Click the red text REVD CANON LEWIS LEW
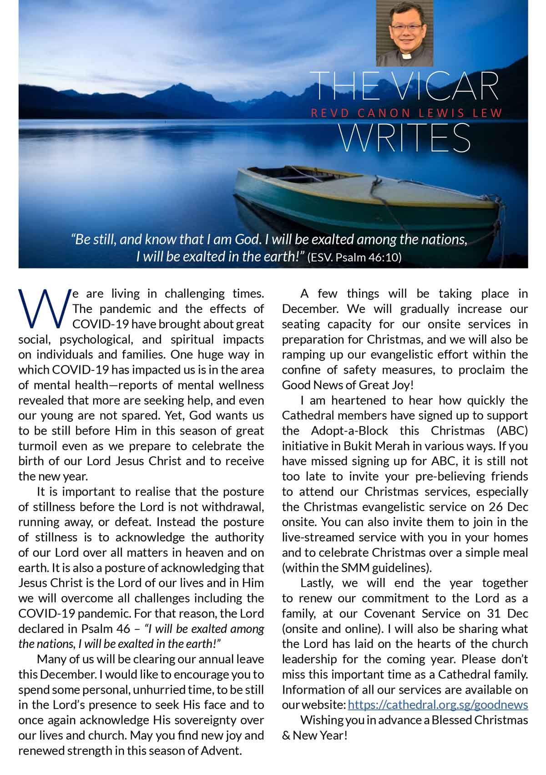(x=406, y=113)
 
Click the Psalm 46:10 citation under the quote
(x=355, y=258)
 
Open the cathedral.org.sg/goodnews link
(x=438, y=705)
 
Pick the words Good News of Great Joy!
(x=348, y=385)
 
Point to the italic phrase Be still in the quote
(x=94, y=239)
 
